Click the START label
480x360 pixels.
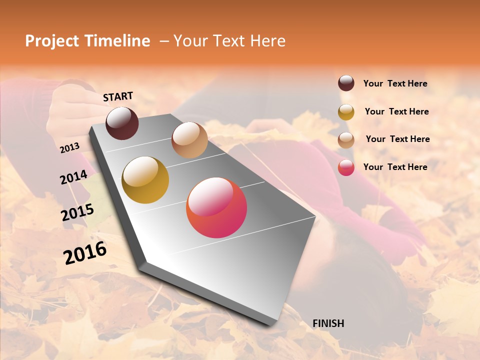tap(118, 96)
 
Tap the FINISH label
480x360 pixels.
tap(328, 323)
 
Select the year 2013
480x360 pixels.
tap(70, 147)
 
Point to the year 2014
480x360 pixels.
tap(74, 177)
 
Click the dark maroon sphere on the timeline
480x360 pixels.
tap(122, 123)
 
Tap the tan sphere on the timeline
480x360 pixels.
tap(189, 140)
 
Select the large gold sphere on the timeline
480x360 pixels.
tap(145, 180)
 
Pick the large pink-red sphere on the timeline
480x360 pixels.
tap(216, 207)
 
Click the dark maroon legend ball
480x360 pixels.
tap(346, 83)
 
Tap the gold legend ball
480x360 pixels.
tap(346, 112)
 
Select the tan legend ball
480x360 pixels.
tap(346, 140)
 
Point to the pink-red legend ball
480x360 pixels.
tap(346, 167)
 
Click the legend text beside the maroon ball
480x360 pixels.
tap(395, 83)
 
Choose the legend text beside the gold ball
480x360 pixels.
tap(397, 111)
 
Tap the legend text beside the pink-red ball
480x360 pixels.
tap(395, 167)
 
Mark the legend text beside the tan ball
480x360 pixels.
tap(398, 139)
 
